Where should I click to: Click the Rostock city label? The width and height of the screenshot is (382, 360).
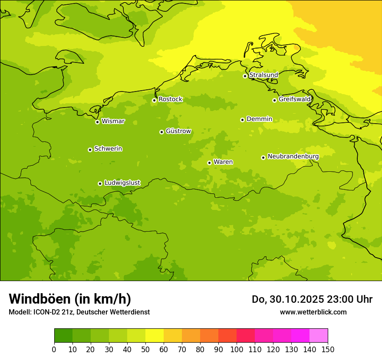(x=170, y=99)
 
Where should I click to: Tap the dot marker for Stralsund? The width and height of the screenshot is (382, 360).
(x=245, y=76)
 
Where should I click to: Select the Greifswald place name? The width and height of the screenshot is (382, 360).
(x=295, y=99)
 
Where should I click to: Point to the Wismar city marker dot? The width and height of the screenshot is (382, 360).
(x=97, y=122)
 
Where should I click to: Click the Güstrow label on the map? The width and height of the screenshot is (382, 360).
(x=178, y=131)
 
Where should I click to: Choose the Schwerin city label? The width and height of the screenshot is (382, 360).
(x=108, y=149)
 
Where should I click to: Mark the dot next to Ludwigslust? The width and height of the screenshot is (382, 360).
(x=100, y=183)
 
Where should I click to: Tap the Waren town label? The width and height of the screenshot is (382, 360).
(x=223, y=162)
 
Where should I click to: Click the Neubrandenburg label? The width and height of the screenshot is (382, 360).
(x=293, y=157)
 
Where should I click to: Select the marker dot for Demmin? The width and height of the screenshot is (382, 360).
(x=242, y=120)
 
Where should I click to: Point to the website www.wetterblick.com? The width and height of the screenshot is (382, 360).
(x=313, y=312)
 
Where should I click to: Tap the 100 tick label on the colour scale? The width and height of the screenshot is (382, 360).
(x=237, y=349)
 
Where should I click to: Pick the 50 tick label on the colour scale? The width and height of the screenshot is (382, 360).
(x=145, y=349)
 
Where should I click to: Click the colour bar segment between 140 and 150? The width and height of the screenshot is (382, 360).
(x=319, y=336)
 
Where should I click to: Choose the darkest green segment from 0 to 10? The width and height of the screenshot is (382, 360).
(x=63, y=336)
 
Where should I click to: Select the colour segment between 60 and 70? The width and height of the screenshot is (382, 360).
(x=173, y=336)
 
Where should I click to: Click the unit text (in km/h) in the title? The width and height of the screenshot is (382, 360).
(x=102, y=299)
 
